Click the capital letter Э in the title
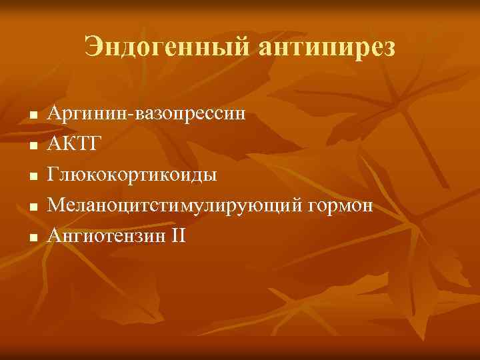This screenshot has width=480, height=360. pyautogui.click(x=93, y=47)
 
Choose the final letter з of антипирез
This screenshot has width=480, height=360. pyautogui.click(x=389, y=48)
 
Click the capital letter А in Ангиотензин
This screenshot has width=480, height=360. pyautogui.click(x=54, y=236)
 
